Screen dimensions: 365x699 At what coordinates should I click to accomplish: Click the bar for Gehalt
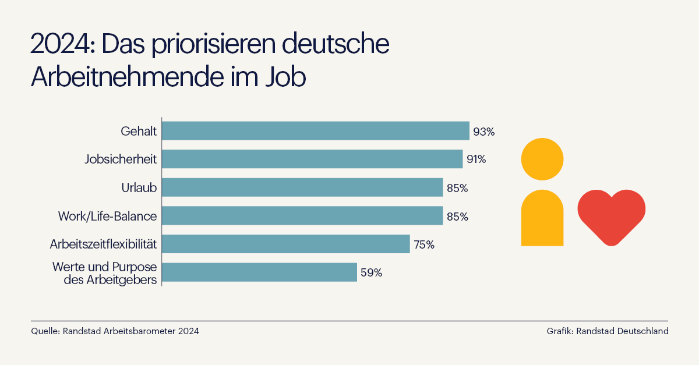(315, 131)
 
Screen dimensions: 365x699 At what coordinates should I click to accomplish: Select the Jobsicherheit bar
(312, 159)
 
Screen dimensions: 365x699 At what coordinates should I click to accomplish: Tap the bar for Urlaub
(302, 187)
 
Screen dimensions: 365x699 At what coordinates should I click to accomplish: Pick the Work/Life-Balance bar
(302, 216)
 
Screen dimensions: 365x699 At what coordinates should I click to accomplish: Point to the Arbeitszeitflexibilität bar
(286, 244)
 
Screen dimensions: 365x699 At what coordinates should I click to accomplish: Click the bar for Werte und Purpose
(259, 272)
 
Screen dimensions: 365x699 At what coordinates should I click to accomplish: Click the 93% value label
(483, 132)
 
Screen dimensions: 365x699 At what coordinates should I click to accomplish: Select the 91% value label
(476, 159)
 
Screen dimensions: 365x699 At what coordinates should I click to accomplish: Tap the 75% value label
(424, 245)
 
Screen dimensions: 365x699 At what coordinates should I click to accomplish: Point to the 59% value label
(371, 272)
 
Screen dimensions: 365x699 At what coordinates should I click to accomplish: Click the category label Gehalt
(139, 132)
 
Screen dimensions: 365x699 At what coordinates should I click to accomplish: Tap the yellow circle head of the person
(542, 158)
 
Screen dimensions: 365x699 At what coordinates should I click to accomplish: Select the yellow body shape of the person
(542, 218)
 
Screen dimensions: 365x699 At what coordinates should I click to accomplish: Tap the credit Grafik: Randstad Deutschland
(607, 331)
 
